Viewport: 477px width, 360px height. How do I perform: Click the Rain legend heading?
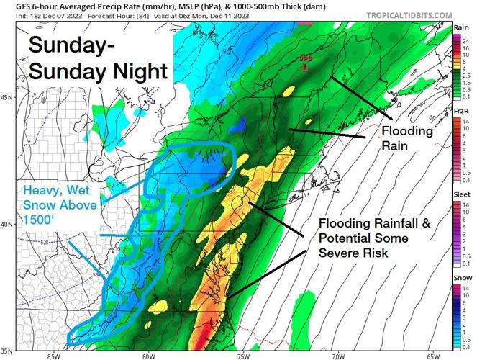point(462,28)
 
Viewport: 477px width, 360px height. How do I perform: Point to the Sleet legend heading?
point(463,194)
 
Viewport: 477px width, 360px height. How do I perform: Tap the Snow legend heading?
point(462,277)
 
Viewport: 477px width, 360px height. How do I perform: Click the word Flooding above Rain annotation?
point(407,131)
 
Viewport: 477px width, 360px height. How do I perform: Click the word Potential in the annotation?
point(349,238)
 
